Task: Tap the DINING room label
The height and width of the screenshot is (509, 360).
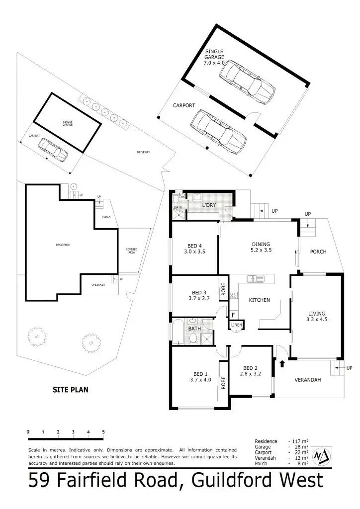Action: pos(261,244)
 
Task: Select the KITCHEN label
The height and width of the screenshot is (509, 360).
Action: pos(259,300)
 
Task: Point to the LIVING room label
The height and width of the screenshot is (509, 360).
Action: pos(317,314)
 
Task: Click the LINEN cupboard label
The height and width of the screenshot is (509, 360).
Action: pos(236,325)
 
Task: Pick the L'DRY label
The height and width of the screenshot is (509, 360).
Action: pos(208,205)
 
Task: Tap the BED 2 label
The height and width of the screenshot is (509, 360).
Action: pos(250,368)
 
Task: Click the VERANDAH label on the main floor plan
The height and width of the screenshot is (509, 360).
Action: pos(307,380)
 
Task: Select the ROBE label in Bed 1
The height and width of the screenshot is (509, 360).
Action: pos(224,382)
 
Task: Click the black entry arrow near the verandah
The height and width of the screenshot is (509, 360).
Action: pos(282,364)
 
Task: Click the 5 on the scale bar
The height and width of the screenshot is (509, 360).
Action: pos(103,431)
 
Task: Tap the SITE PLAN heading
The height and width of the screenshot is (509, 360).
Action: pos(71,390)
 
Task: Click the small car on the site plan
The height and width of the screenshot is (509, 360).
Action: pos(53,149)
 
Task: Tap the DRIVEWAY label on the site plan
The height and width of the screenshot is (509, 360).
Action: pos(143,152)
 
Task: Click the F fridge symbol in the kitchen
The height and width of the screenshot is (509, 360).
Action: pos(232,315)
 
